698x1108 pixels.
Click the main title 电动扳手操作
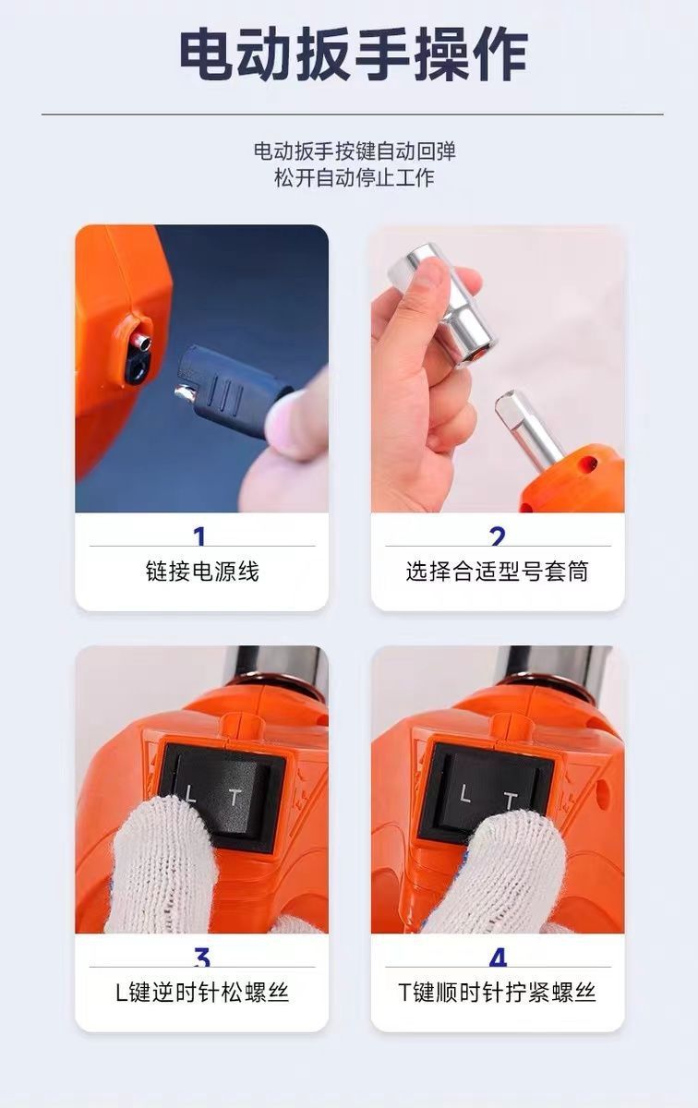click(x=354, y=54)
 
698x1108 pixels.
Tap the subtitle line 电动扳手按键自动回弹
click(x=355, y=151)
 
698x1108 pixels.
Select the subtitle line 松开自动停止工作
click(x=355, y=177)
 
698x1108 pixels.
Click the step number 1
click(x=199, y=536)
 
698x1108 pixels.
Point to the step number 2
click(x=498, y=536)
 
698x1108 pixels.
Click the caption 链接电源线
click(x=202, y=572)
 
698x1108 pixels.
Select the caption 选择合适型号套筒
click(x=497, y=572)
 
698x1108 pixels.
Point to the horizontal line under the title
click(x=352, y=114)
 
